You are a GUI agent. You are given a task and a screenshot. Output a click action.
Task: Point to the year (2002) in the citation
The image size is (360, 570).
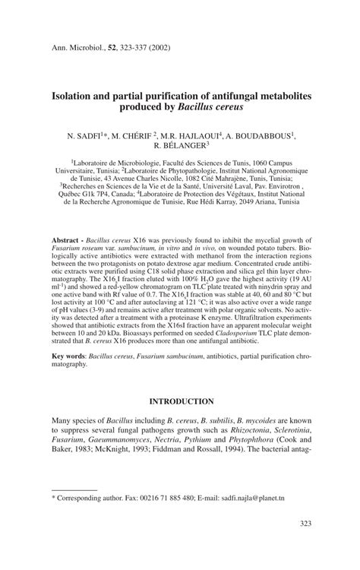[154, 47]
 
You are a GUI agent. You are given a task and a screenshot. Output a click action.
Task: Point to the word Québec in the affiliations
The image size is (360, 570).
[79, 194]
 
